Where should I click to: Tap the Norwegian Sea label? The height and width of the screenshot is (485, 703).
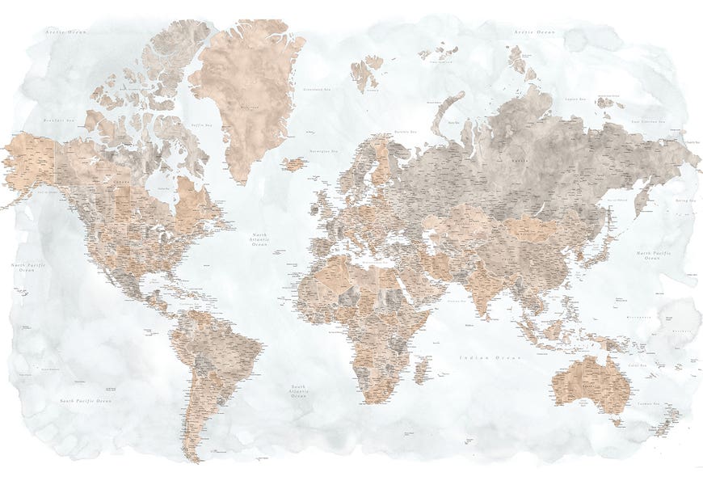click(x=324, y=151)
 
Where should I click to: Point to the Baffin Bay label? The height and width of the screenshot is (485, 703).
click(x=200, y=125)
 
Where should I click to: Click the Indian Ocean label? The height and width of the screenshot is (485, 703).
click(x=489, y=356)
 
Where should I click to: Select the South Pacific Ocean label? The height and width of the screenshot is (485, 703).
click(x=84, y=400)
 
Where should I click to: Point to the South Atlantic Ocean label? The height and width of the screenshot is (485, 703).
click(x=299, y=391)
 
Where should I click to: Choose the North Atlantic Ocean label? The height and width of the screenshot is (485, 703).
click(x=259, y=238)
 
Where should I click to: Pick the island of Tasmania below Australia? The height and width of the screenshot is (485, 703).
click(x=617, y=420)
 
